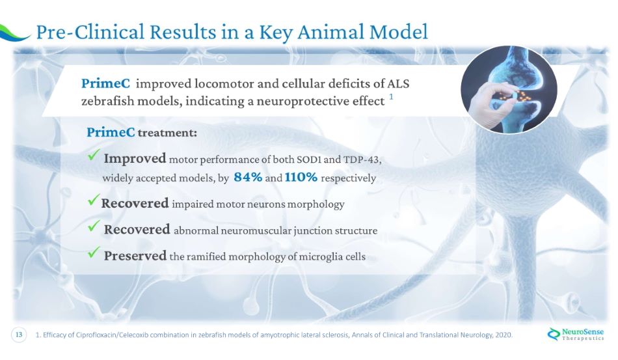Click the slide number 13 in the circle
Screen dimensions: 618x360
tap(19, 335)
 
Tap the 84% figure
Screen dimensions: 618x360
tap(248, 177)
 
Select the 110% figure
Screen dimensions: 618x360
tap(301, 177)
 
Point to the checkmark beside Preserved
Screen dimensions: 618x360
tap(94, 252)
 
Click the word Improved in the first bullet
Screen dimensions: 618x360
tap(135, 158)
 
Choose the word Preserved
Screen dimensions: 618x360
tap(135, 255)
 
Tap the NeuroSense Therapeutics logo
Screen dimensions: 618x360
tap(576, 334)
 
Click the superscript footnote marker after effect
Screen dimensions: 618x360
tap(391, 96)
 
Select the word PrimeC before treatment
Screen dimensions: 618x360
tap(111, 132)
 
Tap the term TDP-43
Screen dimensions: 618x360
tap(362, 159)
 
